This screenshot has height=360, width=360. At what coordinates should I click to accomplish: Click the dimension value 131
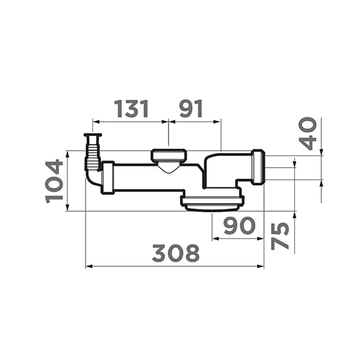[131, 109]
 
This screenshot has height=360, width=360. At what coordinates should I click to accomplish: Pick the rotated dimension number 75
[279, 235]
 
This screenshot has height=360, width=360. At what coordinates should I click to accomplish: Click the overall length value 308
[175, 253]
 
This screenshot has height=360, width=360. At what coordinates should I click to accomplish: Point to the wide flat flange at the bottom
[211, 201]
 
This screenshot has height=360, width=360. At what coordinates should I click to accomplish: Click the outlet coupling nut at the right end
[258, 167]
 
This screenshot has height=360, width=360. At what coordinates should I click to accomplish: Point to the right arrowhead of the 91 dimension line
[219, 122]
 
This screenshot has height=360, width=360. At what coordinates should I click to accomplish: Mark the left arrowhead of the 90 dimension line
[214, 238]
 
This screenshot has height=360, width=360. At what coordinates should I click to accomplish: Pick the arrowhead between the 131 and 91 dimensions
[168, 122]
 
